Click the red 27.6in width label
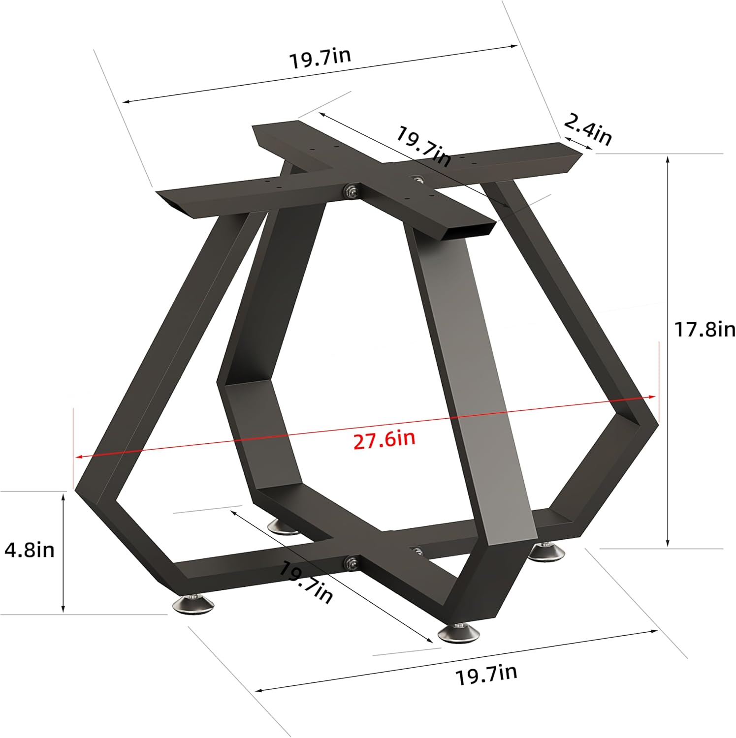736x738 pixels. (x=384, y=439)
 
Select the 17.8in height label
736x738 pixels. (x=704, y=329)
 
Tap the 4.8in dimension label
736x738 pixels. (x=30, y=550)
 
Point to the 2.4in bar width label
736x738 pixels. (x=587, y=129)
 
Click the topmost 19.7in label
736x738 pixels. (x=320, y=58)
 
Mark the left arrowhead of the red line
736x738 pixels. (x=78, y=457)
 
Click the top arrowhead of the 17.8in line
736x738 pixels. (x=668, y=159)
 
